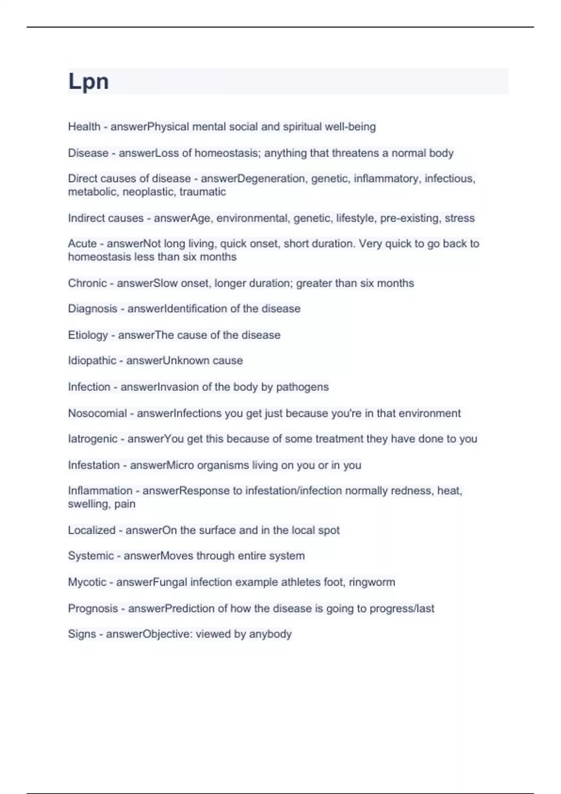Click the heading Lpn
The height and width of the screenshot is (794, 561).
[x=88, y=82]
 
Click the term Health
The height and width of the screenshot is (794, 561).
[x=84, y=127]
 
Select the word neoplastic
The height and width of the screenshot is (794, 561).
[x=148, y=192]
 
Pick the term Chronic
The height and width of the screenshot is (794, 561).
[x=87, y=283]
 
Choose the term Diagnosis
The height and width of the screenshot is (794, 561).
[x=93, y=309]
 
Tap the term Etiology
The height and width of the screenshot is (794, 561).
[x=88, y=335]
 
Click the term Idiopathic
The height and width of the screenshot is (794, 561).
[x=92, y=361]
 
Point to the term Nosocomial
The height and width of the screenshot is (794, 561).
[x=97, y=413]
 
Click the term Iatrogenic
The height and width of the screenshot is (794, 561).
[x=93, y=439]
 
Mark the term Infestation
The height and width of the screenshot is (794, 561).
[x=94, y=465]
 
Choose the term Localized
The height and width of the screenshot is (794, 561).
[x=92, y=530]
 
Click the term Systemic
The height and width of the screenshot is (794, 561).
[x=91, y=556]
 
